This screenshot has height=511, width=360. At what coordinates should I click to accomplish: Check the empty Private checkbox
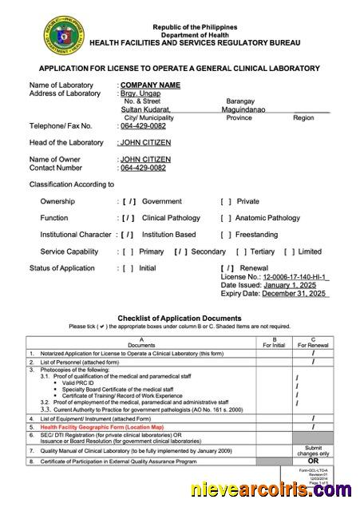point(226,201)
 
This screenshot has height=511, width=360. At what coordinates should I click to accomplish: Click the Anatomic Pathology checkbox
point(226,218)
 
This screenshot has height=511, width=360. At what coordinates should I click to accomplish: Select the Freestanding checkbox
point(226,235)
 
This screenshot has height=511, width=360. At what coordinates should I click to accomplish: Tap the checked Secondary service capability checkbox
point(180,252)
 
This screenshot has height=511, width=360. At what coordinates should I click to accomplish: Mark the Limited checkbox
point(289,252)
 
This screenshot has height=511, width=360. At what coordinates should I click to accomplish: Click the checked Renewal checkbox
point(228,268)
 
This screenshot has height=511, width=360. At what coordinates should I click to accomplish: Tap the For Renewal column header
point(313,345)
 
